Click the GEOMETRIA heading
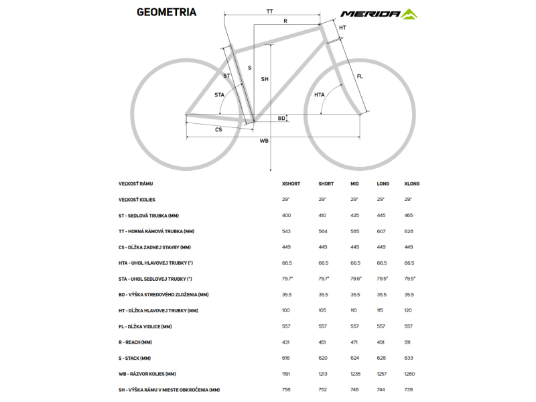coord(166,11)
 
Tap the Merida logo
coord(379,13)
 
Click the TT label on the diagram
coord(269,11)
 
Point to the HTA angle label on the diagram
coord(320,95)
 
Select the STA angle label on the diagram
coord(219,95)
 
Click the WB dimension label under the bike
coord(264,141)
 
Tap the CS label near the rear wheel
coord(218,129)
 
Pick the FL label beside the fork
coord(360,76)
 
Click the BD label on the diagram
coord(281,119)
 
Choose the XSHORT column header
coord(291,184)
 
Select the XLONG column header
coord(412,184)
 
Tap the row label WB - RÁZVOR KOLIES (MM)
coord(147,374)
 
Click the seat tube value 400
coord(287,216)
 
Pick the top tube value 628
coord(409,231)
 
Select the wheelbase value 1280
coord(410,374)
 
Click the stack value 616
coord(287,358)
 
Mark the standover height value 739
coord(409,389)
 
